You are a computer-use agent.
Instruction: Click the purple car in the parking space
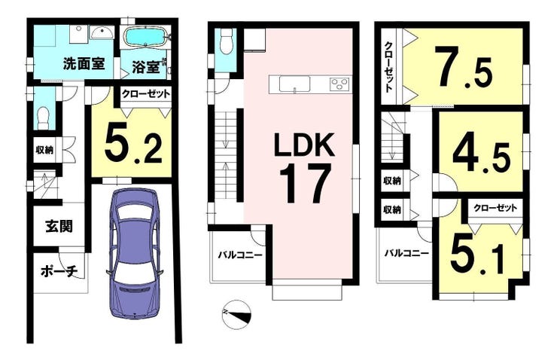(x=135, y=253)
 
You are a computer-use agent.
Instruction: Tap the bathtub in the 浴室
(x=146, y=38)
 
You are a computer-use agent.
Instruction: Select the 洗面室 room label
(x=84, y=63)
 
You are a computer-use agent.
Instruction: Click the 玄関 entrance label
(x=59, y=226)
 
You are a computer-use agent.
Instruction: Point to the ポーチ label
(x=59, y=272)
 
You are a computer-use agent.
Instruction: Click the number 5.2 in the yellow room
(x=133, y=145)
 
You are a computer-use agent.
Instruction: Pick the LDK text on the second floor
(x=304, y=145)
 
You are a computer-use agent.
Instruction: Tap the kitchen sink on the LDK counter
(x=294, y=84)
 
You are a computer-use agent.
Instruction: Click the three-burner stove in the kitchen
(x=339, y=84)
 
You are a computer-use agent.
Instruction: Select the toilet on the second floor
(x=226, y=41)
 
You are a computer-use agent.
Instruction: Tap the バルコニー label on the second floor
(x=240, y=255)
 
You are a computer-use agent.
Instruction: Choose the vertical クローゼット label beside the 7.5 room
(x=389, y=66)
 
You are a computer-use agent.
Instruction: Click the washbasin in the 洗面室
(x=102, y=34)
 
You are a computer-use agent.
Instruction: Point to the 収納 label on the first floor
(x=44, y=150)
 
